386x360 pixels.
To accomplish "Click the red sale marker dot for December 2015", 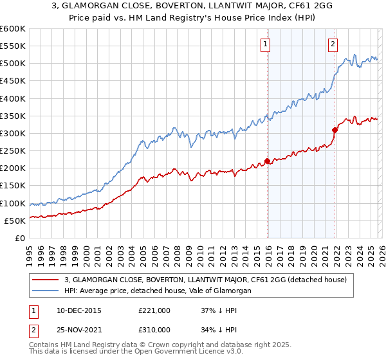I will (x=267, y=161).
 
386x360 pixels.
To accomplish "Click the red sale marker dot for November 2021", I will (x=335, y=130).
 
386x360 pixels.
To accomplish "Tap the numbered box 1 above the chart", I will (x=265, y=44).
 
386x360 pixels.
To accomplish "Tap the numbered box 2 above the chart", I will (x=333, y=44).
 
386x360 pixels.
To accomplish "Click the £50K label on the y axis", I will (x=15, y=221).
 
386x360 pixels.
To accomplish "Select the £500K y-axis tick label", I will (x=13, y=64).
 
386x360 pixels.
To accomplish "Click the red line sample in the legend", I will (x=45, y=280).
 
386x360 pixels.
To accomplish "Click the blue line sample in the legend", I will (x=45, y=291).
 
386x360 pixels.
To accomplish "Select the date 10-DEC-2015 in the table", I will (x=79, y=310).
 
